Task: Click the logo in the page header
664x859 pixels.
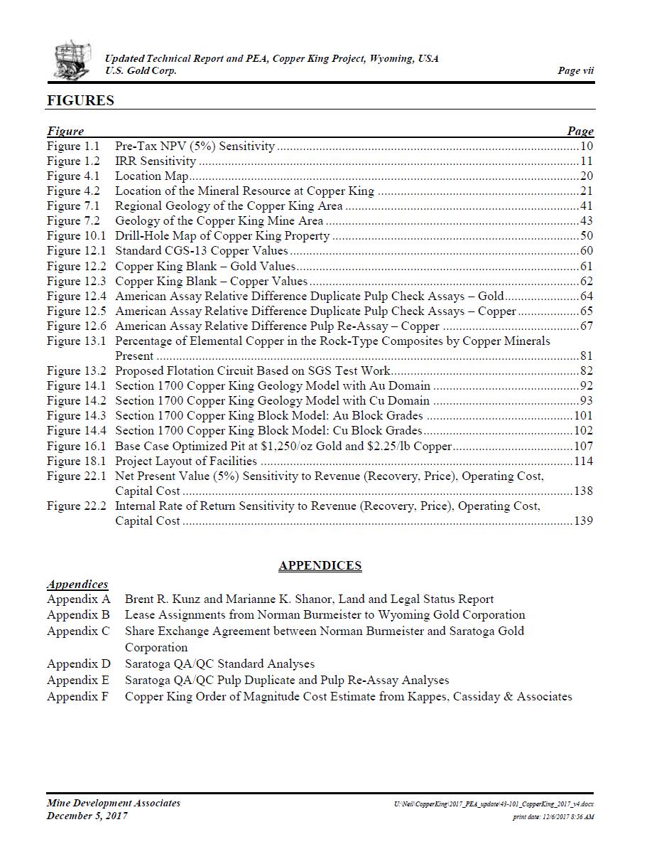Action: tap(72, 60)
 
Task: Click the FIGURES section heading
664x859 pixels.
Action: tap(80, 100)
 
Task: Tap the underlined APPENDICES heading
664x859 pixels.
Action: tap(320, 566)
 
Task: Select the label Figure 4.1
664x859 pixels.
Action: tap(74, 176)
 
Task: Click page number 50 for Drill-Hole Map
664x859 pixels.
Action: tap(587, 236)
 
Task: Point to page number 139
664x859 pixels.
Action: tap(583, 521)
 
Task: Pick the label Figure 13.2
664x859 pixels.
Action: tap(77, 371)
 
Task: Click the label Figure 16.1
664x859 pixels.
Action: tap(77, 447)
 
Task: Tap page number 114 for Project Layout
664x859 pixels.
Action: tap(583, 461)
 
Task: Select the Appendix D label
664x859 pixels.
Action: tap(79, 664)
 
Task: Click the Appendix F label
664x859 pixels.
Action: tap(78, 697)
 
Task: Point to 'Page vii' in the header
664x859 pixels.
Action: tap(575, 70)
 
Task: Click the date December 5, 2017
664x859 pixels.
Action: tap(87, 816)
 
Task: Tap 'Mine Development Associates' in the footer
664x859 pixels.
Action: tap(114, 803)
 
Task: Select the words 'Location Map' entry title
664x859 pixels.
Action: tap(152, 176)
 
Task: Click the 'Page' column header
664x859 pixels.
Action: tap(580, 131)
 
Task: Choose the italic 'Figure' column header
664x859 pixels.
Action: tap(65, 131)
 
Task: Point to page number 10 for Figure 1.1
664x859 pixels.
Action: tap(587, 146)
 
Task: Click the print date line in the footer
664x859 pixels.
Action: tap(553, 817)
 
